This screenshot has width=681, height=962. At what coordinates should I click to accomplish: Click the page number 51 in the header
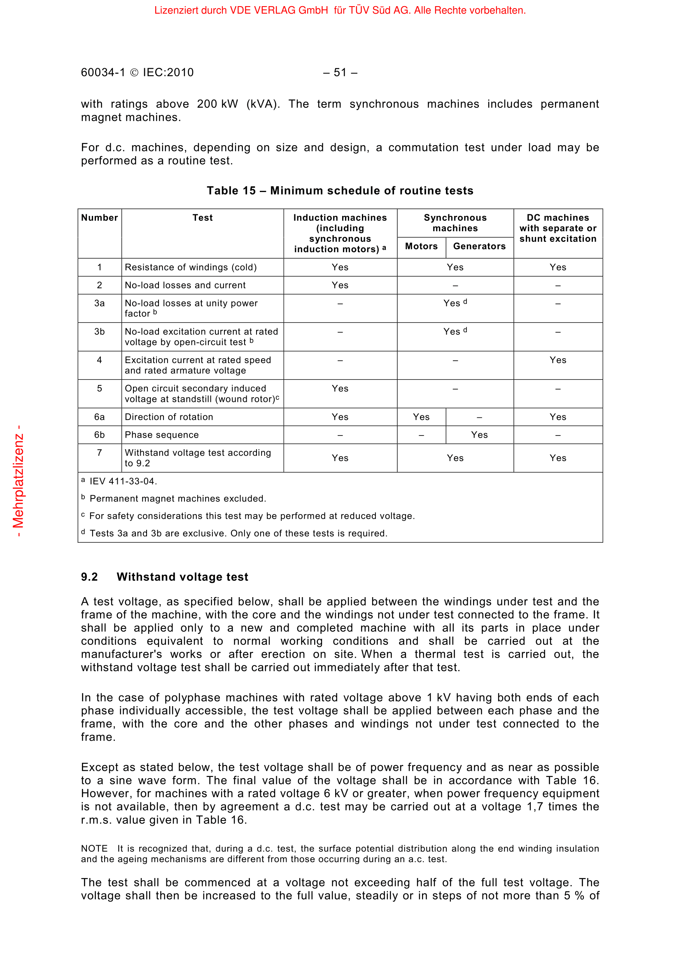point(340,73)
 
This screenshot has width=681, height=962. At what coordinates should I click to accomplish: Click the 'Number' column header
point(99,218)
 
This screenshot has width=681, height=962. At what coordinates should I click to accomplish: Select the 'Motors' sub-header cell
point(421,246)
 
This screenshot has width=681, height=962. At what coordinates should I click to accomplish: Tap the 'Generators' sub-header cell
point(479,246)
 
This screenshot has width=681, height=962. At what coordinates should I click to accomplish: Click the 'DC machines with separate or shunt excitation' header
point(558,228)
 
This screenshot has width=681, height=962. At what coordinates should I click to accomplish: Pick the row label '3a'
point(99,304)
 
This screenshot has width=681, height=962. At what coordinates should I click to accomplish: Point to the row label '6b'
point(99,435)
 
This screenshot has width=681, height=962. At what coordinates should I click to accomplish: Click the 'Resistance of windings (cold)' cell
point(191,267)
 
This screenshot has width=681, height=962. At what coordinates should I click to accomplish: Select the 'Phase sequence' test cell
point(162,435)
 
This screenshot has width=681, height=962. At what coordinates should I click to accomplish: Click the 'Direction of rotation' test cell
point(169,417)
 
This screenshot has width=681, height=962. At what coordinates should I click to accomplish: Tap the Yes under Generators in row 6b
point(479,435)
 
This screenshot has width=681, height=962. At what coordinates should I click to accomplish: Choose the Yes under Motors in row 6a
point(421,417)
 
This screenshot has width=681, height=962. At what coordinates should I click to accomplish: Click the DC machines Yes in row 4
point(558,360)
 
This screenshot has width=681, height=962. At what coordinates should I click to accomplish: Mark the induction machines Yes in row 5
point(340,389)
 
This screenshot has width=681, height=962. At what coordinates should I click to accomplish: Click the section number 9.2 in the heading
point(89,577)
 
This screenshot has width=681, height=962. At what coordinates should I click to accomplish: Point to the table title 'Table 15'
point(231,191)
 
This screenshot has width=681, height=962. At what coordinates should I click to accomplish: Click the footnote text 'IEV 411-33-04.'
point(123,482)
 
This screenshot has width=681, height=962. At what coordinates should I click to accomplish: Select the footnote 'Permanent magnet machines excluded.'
point(178,498)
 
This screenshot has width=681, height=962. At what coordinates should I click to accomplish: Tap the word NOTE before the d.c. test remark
point(94,848)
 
